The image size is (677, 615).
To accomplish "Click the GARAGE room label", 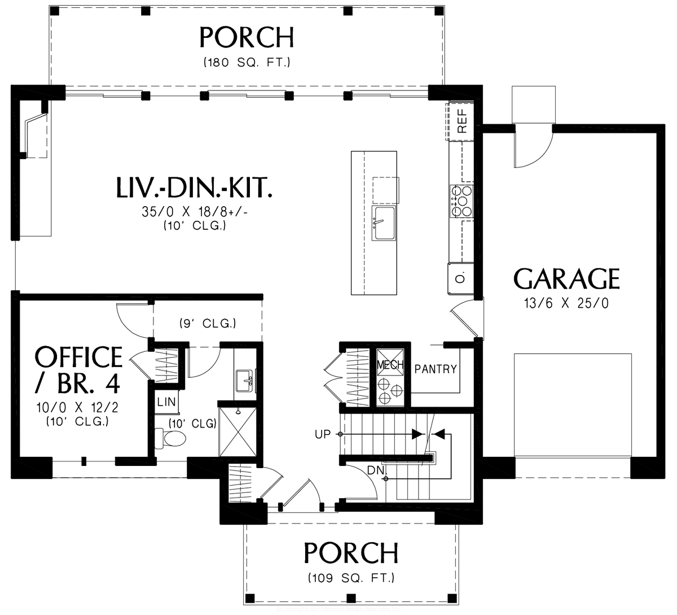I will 566,280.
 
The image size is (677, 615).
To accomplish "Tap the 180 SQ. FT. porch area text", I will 247,63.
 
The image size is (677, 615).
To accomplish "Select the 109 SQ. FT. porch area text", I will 351,578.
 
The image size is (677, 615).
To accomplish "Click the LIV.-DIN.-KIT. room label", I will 194,188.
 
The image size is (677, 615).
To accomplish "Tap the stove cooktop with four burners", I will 460,201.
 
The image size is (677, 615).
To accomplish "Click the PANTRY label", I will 436,369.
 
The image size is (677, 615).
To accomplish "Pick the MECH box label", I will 390,365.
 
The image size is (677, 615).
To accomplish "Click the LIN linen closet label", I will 166,402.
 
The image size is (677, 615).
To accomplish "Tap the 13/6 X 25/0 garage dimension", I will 566,304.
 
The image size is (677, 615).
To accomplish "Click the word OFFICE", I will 78,357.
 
